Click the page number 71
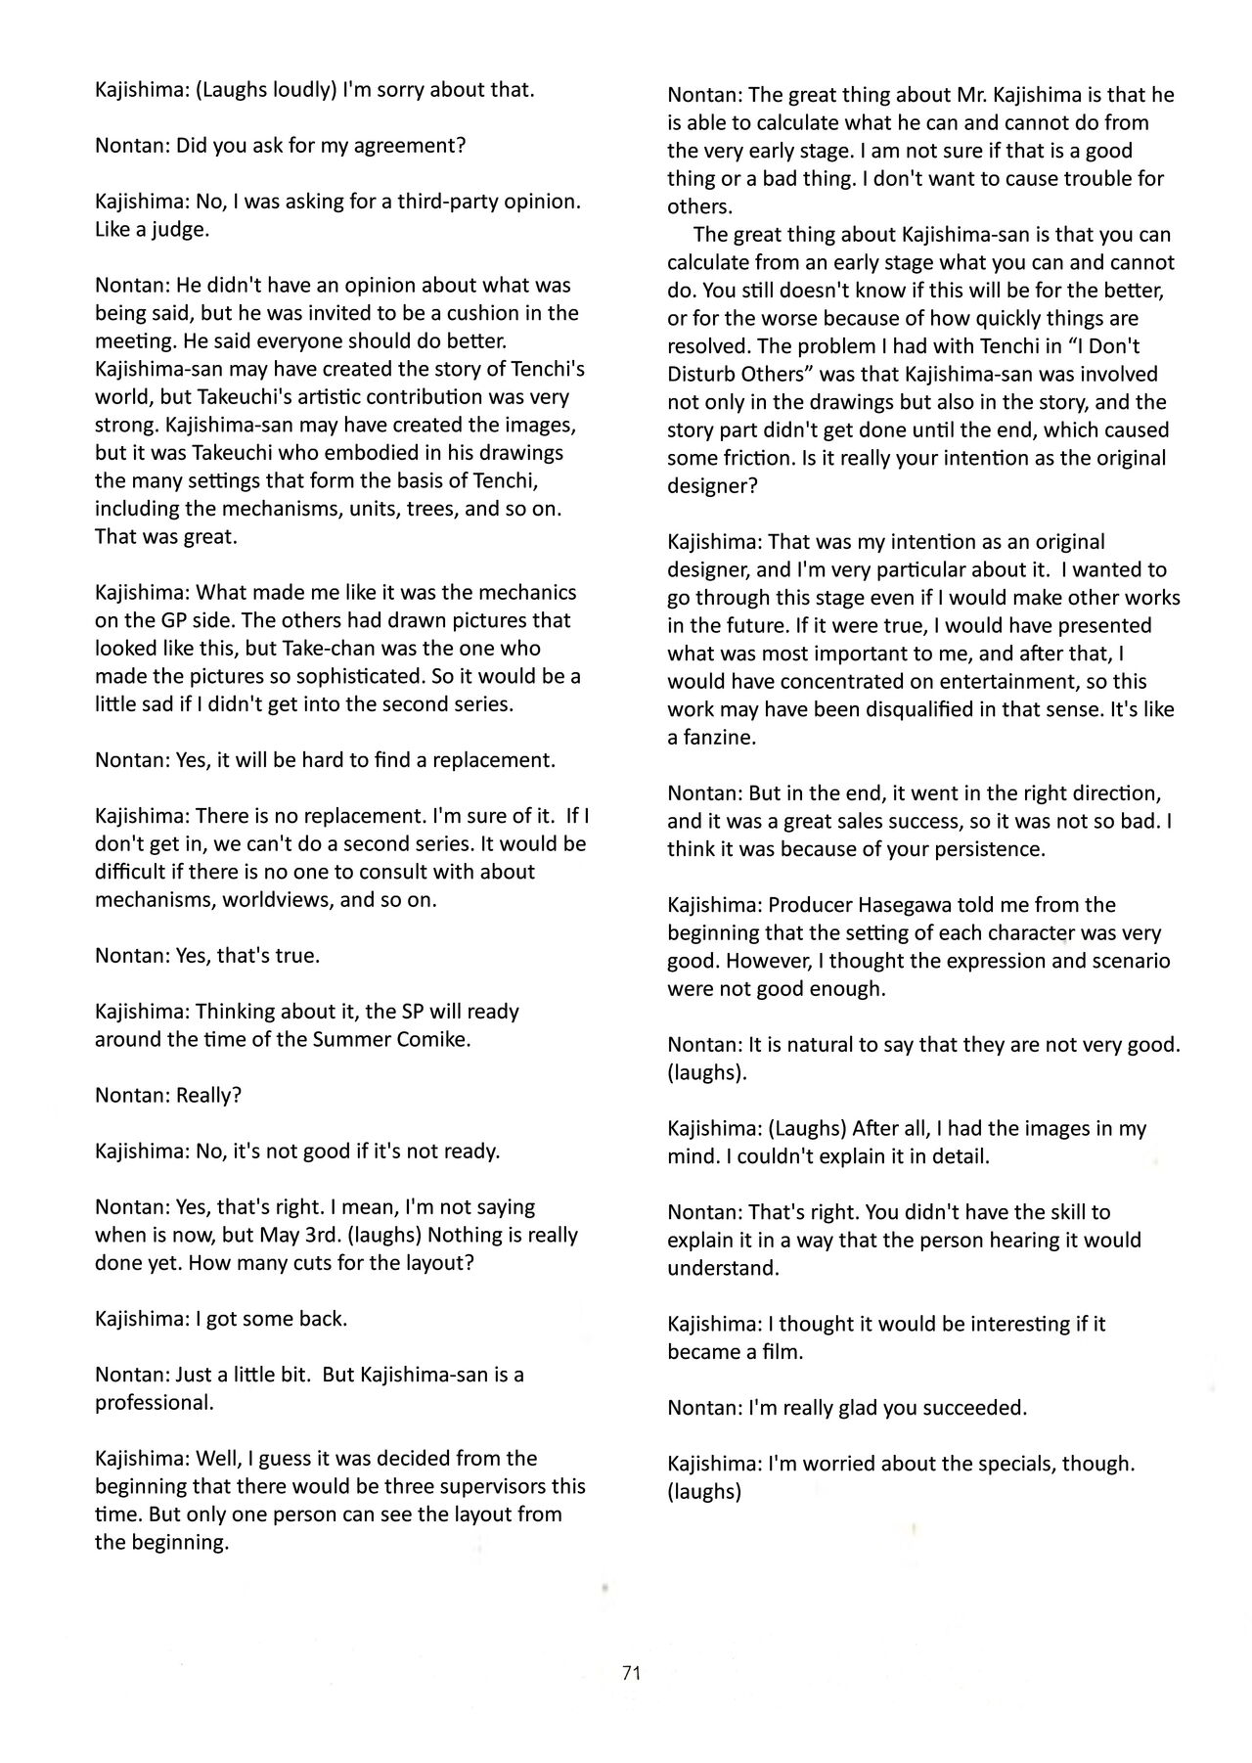pos(631,1672)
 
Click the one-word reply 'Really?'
pos(208,1095)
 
